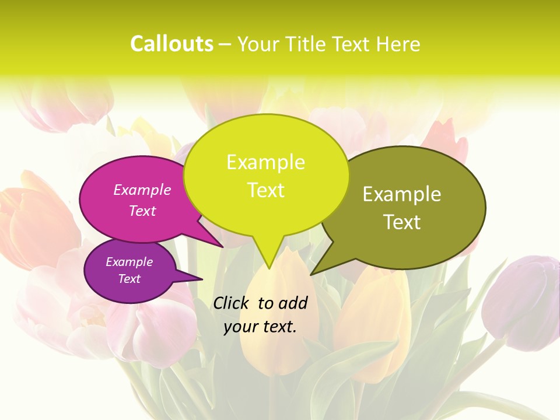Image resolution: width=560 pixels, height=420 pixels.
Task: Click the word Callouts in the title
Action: [x=171, y=44]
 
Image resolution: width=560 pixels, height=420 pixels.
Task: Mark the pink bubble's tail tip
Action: [x=222, y=246]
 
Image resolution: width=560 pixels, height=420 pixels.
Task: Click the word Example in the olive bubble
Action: [x=402, y=194]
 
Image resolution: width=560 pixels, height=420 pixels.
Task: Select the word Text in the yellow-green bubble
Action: [x=266, y=190]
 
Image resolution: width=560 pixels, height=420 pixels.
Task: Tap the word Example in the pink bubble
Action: [x=142, y=190]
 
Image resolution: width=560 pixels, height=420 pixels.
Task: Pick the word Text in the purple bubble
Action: [x=129, y=279]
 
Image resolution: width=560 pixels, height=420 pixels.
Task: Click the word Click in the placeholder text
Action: [x=230, y=303]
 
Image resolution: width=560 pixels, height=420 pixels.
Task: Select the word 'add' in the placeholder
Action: [x=293, y=303]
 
